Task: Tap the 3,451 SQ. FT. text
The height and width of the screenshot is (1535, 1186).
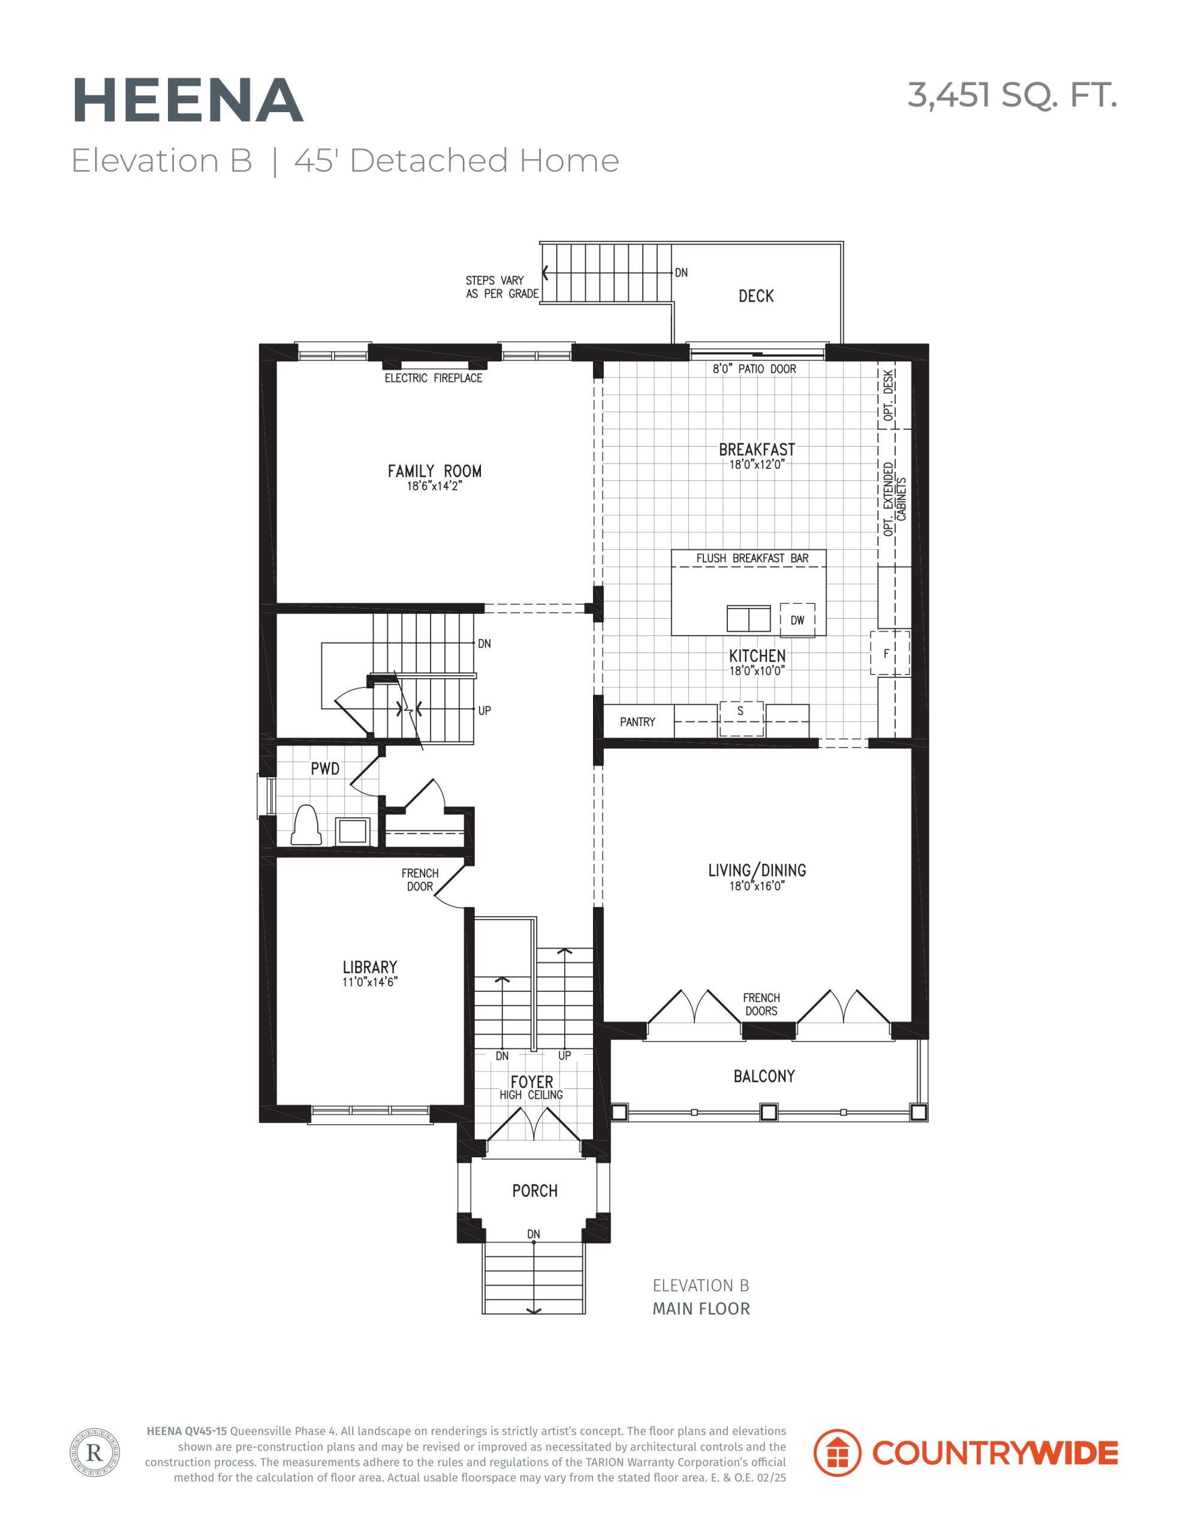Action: click(x=1012, y=95)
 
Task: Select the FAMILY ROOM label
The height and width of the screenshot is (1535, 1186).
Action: click(x=435, y=471)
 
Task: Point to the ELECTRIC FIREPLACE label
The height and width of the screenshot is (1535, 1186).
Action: click(x=433, y=378)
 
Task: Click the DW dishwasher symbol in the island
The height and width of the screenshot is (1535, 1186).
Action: click(x=797, y=620)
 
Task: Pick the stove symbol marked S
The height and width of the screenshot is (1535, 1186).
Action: click(x=741, y=718)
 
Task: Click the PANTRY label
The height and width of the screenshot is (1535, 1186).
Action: click(x=637, y=722)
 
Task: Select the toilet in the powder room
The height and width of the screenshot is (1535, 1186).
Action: click(x=306, y=825)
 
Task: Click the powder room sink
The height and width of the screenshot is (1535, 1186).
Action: click(x=352, y=830)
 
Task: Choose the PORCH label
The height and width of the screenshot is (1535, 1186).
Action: click(x=534, y=1191)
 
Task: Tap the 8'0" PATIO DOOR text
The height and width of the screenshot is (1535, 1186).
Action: click(x=754, y=369)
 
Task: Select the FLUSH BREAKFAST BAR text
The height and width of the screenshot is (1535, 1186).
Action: click(x=752, y=558)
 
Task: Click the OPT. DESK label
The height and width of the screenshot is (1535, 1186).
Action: click(x=889, y=395)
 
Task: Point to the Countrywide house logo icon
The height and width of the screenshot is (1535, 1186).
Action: click(x=836, y=1452)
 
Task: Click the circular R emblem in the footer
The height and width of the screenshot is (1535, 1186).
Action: click(x=94, y=1452)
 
